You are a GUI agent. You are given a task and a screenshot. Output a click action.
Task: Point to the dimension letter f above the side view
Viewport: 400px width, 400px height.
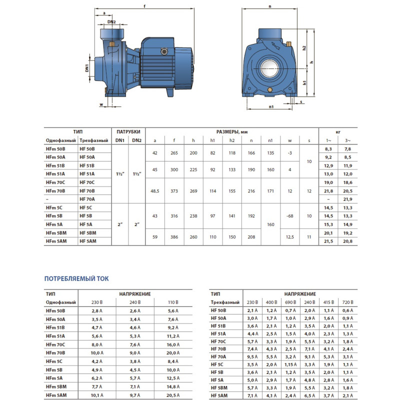point(144,6)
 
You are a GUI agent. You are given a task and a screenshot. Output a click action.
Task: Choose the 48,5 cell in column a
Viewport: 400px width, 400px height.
point(155,190)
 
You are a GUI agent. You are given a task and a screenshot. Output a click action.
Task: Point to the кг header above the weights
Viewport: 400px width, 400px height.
point(337,131)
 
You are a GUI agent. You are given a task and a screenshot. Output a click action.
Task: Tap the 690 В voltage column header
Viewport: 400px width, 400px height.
point(289,302)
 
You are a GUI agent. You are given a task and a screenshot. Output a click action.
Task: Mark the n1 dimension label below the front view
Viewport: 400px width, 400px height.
point(270,106)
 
